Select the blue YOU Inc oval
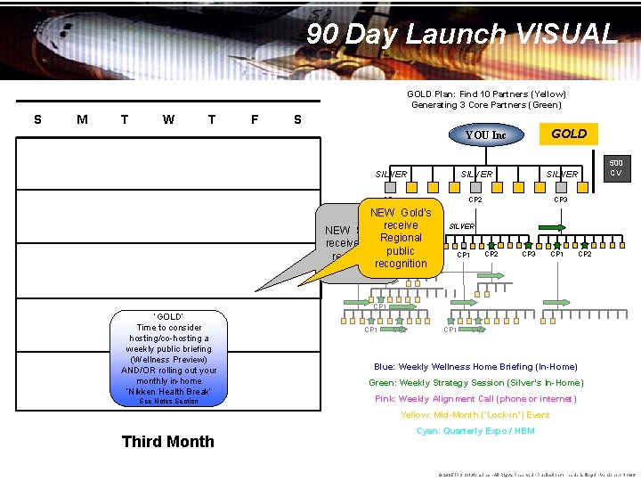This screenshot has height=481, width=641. point(485,135)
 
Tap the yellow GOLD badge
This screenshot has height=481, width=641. point(569,134)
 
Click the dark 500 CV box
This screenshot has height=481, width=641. point(617,168)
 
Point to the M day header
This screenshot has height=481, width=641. point(82,119)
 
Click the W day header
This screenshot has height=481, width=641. point(168,119)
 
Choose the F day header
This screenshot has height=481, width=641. point(255,119)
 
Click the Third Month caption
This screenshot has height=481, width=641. point(167,441)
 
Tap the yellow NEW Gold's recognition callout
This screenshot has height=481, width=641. point(401,238)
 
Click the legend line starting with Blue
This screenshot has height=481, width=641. point(475,366)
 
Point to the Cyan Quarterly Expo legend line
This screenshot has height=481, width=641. point(475,430)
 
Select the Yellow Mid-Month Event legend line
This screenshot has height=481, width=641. point(475,414)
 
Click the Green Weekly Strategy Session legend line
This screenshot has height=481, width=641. point(476,382)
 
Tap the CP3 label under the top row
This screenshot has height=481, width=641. point(561,200)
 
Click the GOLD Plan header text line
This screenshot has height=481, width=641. point(486,94)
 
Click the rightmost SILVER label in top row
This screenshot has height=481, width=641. point(563,175)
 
